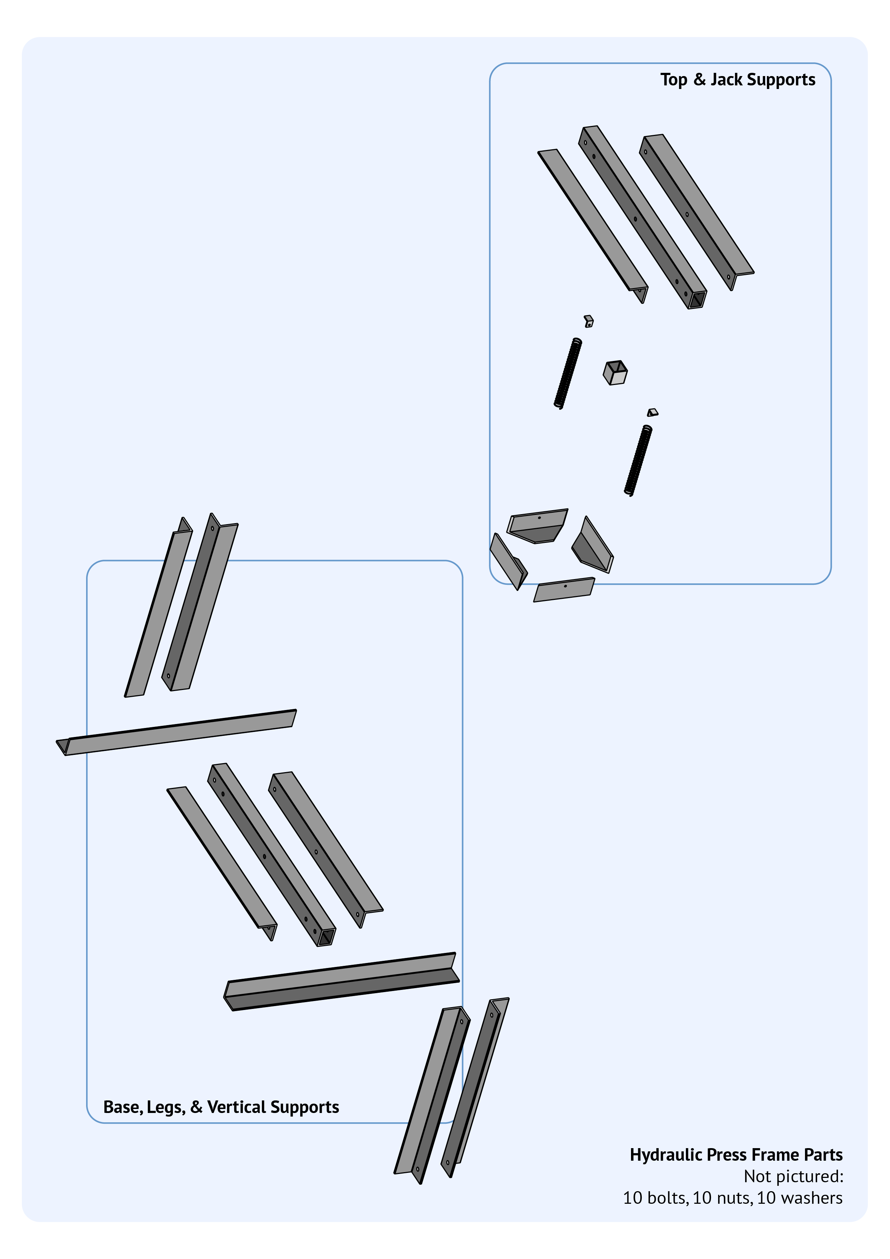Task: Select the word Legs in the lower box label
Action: pos(166,1108)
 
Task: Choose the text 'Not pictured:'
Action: pos(794,1177)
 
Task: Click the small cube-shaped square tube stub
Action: pos(615,373)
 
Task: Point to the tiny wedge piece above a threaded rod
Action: pos(653,412)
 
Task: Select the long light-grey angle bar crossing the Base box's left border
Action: pos(176,733)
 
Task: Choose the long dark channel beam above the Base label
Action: pos(342,982)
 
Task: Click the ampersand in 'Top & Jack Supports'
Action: pos(700,80)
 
